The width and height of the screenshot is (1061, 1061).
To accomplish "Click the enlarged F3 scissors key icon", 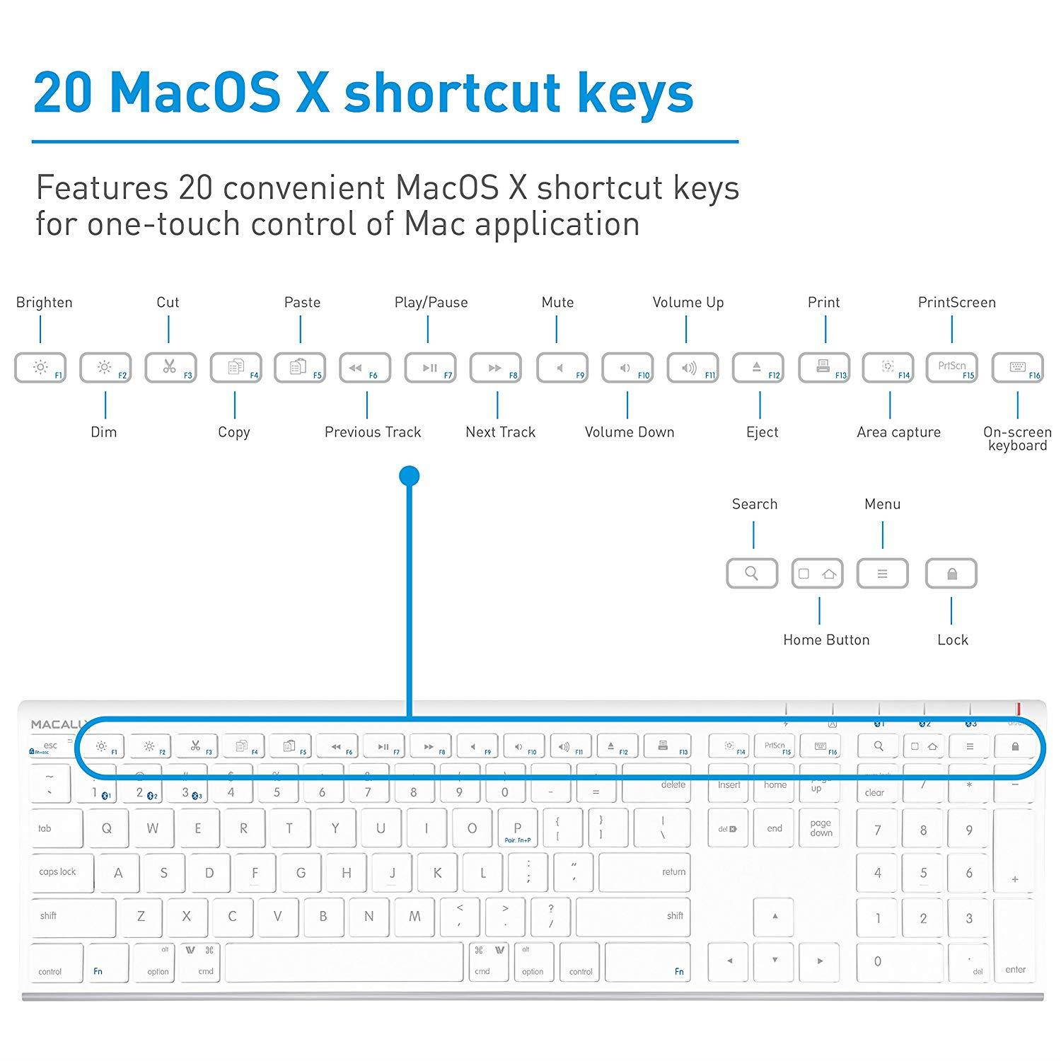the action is point(169,367).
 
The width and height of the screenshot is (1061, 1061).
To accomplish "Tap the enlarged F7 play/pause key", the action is point(430,368).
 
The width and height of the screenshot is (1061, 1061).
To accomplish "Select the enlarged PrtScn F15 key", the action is point(952,367).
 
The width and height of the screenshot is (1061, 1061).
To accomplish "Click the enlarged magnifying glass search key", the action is point(752,573).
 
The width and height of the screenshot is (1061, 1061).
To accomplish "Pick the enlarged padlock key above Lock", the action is point(951,574).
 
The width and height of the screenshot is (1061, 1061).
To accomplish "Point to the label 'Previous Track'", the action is point(373,432).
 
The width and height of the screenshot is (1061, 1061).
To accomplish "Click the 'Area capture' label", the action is point(898,432).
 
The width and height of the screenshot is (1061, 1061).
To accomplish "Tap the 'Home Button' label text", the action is point(826,639).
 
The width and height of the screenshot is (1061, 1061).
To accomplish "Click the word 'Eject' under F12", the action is point(762,432).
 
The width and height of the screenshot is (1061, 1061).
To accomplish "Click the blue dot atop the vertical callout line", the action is point(410,476).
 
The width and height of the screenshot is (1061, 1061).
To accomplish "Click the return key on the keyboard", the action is point(644,872).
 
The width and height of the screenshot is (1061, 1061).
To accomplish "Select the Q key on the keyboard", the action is point(107,828).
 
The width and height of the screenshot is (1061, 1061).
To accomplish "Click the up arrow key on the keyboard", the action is point(775,917).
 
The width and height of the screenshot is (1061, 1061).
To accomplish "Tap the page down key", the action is point(821,828).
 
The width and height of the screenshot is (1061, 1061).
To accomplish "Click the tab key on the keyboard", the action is point(55,828).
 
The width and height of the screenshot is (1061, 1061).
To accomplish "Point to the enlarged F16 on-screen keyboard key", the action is point(1017,367).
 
